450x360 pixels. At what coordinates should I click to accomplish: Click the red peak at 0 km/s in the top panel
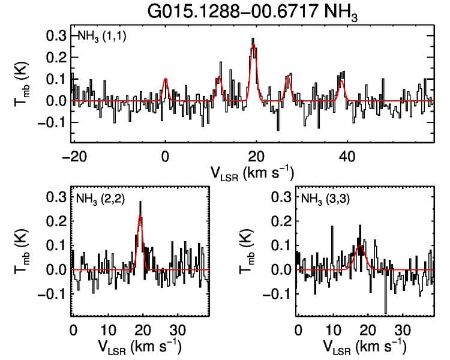point(166,79)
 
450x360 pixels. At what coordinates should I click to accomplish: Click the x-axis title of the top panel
point(251,173)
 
